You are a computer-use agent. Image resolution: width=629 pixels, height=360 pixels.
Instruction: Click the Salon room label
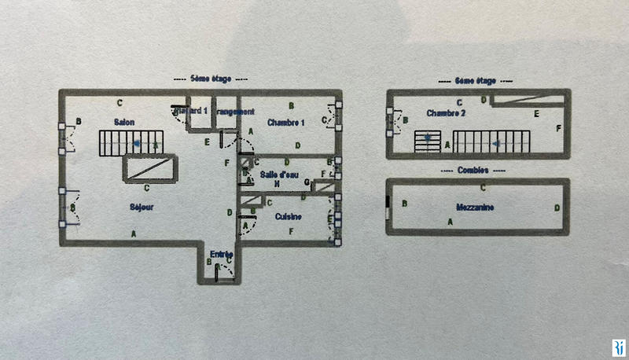point(123,122)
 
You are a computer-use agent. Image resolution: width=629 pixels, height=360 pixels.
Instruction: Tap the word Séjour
point(142,207)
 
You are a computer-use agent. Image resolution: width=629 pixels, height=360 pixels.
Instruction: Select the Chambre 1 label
point(285,122)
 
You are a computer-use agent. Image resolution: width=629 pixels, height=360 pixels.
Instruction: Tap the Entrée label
point(221,254)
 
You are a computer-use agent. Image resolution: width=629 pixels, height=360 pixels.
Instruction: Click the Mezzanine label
point(475,207)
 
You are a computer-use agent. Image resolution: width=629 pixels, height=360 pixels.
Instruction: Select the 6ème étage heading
point(475,79)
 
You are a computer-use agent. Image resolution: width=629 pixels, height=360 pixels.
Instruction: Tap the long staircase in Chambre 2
point(491,142)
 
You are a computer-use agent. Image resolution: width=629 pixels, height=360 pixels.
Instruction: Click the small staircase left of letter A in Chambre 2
point(427,142)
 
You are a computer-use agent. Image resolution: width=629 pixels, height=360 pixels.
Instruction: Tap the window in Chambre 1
point(338,119)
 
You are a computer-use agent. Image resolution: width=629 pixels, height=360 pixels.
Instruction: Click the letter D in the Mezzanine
point(557,208)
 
